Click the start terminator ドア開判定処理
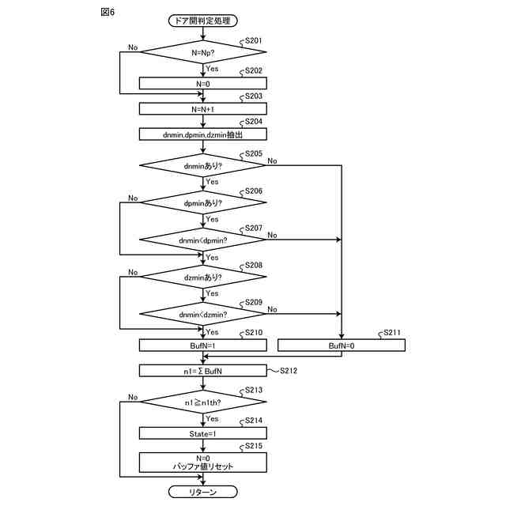point(203,21)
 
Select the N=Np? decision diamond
point(203,52)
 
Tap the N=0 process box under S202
point(203,83)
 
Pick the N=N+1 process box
point(203,109)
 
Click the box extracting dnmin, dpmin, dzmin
point(203,134)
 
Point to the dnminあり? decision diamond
point(202,165)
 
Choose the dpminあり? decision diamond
point(203,202)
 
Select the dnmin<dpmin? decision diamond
point(202,240)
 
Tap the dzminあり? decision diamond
point(203,277)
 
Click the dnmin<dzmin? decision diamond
point(202,314)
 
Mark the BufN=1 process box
point(203,346)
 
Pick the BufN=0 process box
point(342,346)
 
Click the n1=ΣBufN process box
point(203,371)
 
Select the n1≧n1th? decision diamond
point(203,402)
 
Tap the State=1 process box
point(203,433)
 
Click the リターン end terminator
point(203,492)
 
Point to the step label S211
point(392,332)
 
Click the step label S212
point(289,371)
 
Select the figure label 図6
point(108,13)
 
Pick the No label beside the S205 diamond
point(272,160)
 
